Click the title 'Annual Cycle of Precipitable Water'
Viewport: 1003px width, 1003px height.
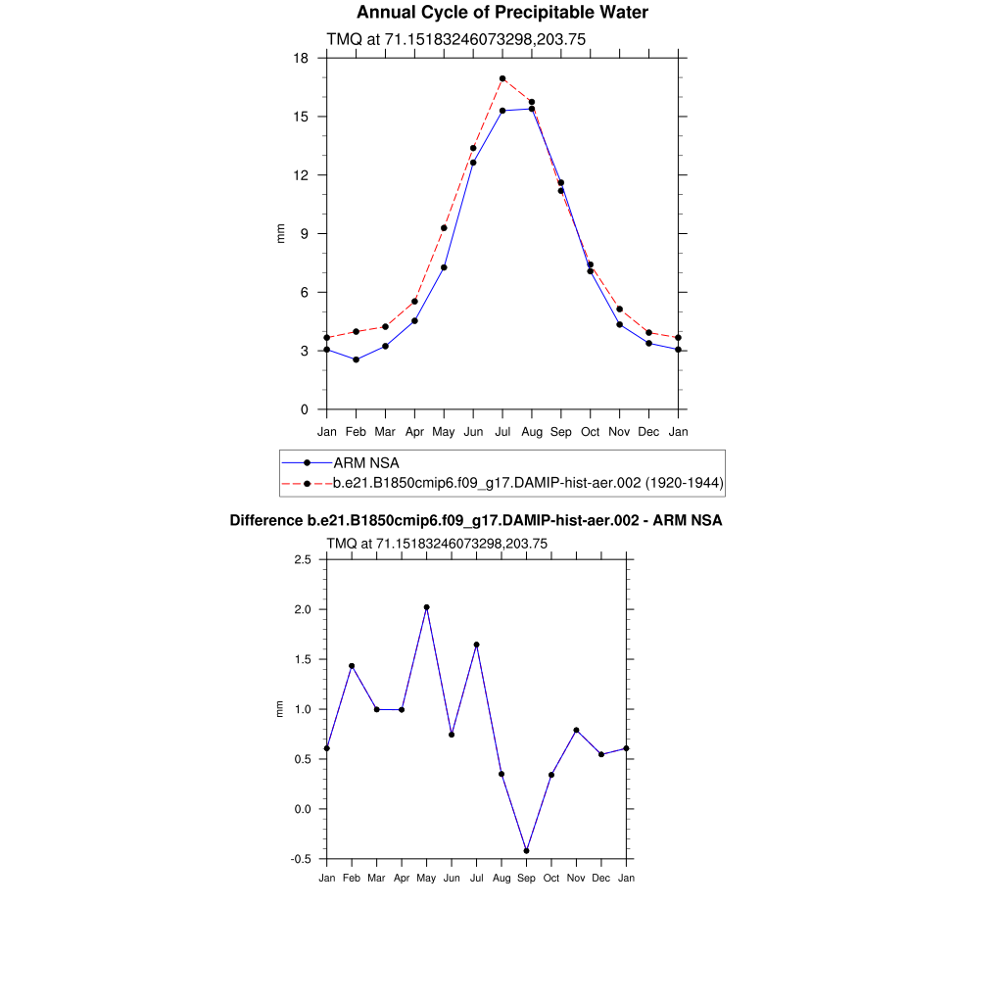tap(501, 13)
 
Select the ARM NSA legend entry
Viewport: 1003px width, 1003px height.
tap(365, 462)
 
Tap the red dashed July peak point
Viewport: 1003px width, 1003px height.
tap(502, 78)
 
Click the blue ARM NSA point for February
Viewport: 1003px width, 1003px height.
tap(357, 359)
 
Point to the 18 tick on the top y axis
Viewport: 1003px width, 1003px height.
tap(303, 59)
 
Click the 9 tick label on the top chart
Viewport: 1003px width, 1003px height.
tap(305, 234)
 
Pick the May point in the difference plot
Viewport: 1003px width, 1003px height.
tap(427, 607)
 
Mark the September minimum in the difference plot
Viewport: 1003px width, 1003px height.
tap(527, 851)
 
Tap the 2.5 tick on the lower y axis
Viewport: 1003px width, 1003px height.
tap(303, 559)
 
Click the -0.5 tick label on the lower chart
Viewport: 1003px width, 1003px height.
tap(302, 859)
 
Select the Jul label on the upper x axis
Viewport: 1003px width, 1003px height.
tap(502, 431)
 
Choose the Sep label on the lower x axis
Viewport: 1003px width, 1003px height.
tap(527, 878)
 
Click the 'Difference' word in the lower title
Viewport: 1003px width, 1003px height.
tap(260, 521)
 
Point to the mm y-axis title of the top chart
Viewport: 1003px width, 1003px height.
tap(280, 234)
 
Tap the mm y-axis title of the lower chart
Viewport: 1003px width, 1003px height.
tap(279, 709)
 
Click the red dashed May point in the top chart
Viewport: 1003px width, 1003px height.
tap(444, 228)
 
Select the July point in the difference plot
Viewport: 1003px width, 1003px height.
tap(477, 645)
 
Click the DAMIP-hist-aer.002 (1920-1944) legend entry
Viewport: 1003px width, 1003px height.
tap(528, 483)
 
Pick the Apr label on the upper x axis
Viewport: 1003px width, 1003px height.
tap(414, 431)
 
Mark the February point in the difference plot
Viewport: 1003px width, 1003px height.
tap(352, 666)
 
